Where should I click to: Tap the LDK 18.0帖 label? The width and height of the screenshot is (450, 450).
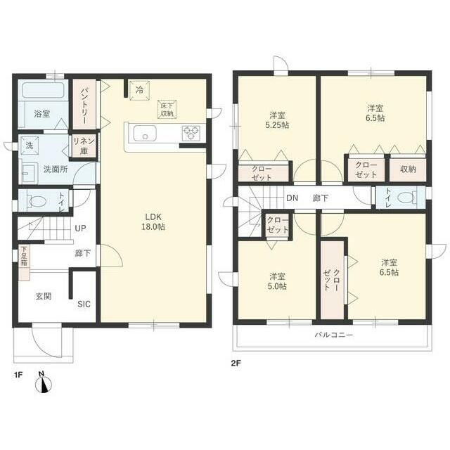153,222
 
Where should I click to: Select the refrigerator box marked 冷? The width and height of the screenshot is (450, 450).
139,91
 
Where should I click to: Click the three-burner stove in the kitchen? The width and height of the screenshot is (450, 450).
191,133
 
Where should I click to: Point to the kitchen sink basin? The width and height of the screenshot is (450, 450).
145,133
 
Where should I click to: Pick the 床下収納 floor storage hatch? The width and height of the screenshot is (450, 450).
167,110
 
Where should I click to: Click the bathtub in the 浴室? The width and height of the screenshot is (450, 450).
43,91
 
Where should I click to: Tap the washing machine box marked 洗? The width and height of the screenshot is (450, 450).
30,146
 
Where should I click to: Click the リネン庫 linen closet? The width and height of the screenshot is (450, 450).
84,146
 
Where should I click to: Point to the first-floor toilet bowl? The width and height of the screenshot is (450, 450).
37,200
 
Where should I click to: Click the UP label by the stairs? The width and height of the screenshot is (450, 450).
80,229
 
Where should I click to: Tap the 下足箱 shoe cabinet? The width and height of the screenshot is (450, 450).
25,262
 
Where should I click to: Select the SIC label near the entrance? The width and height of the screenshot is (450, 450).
84,304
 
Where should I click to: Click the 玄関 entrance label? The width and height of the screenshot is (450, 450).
44,296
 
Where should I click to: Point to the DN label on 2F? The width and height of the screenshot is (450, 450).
292,198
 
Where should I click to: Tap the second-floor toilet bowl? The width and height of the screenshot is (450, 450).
406,198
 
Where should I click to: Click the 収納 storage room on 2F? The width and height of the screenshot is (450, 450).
408,169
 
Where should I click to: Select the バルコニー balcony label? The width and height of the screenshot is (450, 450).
334,335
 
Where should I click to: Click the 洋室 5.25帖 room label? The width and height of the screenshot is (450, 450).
277,120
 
